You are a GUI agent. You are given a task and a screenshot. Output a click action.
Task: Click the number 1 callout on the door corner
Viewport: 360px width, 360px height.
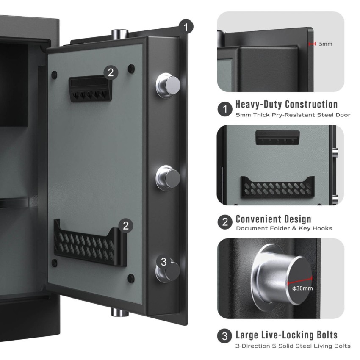click(185, 27)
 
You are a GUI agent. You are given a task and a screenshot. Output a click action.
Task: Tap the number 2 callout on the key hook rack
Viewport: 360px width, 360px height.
click(111, 72)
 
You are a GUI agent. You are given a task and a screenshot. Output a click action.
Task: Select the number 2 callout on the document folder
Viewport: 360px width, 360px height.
click(125, 226)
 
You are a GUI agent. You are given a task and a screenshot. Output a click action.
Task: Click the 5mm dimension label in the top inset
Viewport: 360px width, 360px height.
click(325, 44)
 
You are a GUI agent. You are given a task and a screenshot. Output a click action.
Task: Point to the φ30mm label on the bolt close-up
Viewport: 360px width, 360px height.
click(302, 288)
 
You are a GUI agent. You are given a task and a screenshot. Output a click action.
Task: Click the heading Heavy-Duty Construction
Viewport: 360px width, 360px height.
click(286, 105)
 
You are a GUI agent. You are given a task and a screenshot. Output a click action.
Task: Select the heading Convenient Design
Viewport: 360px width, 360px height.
click(273, 219)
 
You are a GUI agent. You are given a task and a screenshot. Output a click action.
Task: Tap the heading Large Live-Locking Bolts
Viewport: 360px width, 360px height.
click(286, 335)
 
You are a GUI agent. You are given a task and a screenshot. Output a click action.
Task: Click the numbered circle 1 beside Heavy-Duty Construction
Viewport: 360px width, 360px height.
click(225, 109)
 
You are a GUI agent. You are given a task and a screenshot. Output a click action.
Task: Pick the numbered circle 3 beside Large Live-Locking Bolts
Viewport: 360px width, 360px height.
click(225, 338)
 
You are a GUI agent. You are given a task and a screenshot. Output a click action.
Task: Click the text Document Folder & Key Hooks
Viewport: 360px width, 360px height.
click(284, 228)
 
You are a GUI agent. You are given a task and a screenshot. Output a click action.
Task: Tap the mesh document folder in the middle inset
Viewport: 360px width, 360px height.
click(277, 187)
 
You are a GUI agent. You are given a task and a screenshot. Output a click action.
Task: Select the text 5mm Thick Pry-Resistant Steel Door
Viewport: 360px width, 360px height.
click(293, 114)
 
